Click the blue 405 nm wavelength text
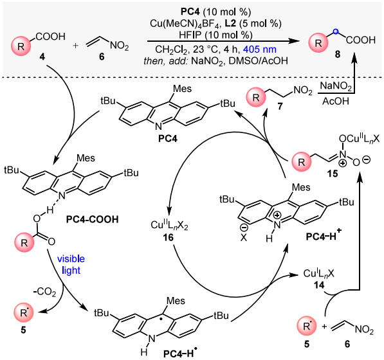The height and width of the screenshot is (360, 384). tap(260, 50)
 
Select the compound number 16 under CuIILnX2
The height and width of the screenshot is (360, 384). tap(169, 237)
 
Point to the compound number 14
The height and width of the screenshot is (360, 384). tap(319, 285)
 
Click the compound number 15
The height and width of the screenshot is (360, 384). tap(333, 174)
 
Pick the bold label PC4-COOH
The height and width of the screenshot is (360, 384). tap(93, 219)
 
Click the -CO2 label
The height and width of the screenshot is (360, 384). tap(44, 292)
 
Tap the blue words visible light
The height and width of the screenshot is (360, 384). tap(71, 265)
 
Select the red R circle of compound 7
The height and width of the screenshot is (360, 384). tap(256, 98)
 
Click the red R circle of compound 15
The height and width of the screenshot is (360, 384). tap(302, 162)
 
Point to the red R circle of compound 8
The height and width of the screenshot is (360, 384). tap(318, 43)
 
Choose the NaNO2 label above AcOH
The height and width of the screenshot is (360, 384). tap(336, 86)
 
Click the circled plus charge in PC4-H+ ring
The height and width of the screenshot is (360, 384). tap(277, 215)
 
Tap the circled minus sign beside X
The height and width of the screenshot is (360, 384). tap(244, 228)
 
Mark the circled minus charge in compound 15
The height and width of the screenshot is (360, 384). tap(367, 160)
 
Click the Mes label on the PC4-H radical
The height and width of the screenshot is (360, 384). tap(176, 300)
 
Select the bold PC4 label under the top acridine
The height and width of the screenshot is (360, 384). tap(168, 139)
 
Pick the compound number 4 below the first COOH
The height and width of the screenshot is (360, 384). tap(43, 57)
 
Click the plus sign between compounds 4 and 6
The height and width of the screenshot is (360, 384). tap(76, 45)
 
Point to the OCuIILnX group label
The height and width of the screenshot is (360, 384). tap(359, 139)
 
